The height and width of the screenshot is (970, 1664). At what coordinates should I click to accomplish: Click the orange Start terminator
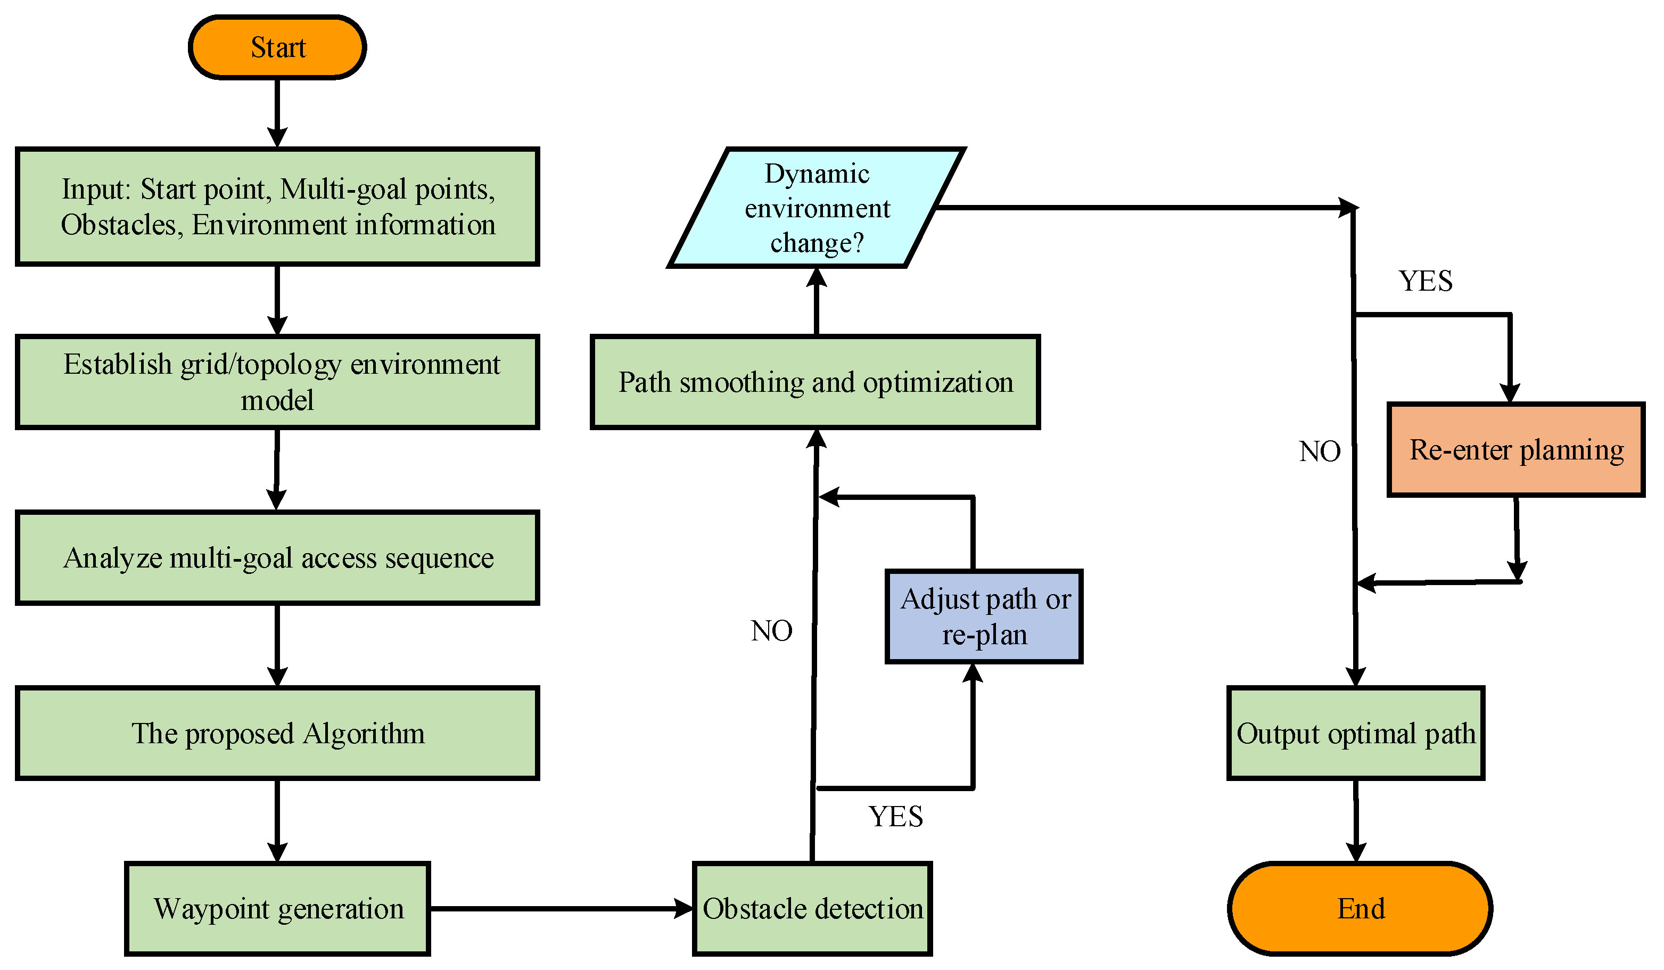[277, 47]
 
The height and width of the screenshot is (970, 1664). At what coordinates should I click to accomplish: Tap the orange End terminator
[1360, 909]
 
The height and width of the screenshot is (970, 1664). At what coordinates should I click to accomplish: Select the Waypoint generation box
[277, 909]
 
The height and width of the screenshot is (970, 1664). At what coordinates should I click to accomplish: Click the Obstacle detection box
[812, 909]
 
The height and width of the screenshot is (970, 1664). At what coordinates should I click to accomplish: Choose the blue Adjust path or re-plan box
[984, 616]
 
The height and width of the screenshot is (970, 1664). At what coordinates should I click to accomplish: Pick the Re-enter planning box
[1516, 450]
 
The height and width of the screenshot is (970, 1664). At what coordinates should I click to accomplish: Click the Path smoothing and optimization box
[815, 382]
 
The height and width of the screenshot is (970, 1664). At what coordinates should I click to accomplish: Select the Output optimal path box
[1356, 734]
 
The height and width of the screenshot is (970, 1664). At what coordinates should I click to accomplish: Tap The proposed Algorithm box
[277, 734]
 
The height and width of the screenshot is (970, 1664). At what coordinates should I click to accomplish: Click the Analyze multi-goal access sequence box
[277, 558]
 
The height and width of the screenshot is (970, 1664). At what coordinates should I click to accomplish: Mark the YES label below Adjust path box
[895, 817]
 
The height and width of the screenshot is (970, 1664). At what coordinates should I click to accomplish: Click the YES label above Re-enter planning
[1426, 281]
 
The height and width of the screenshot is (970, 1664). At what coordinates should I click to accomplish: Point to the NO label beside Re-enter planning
[1319, 451]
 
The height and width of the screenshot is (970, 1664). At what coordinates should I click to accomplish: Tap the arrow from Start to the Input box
[277, 113]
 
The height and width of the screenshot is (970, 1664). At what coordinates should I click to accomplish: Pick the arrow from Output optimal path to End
[1356, 821]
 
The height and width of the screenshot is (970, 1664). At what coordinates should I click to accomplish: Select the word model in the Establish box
[277, 401]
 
